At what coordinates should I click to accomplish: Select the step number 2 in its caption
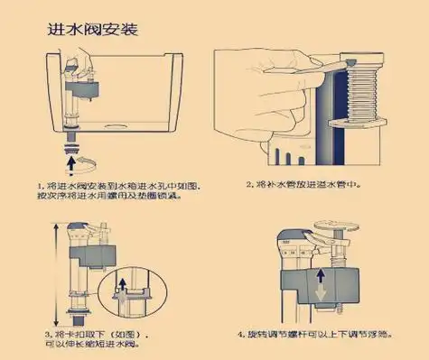[x=249, y=185]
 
